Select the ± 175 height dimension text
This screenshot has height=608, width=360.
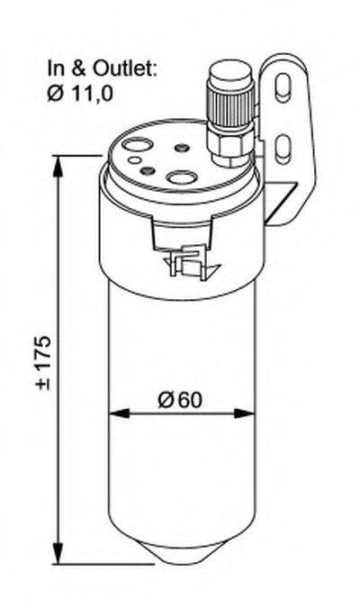pos(43,362)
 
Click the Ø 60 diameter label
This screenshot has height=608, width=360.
pos(181,400)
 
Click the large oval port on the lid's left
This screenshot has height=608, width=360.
pos(137,145)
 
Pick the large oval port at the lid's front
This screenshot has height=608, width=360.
pos(182,178)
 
